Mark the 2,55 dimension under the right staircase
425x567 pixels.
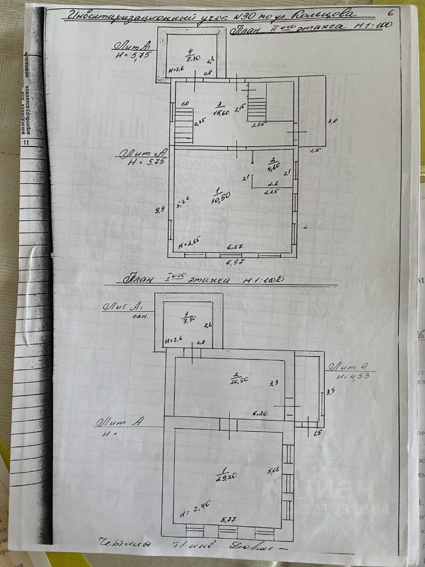tap(258, 125)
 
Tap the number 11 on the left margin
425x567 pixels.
tap(25, 142)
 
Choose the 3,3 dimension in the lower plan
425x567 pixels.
tap(274, 383)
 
